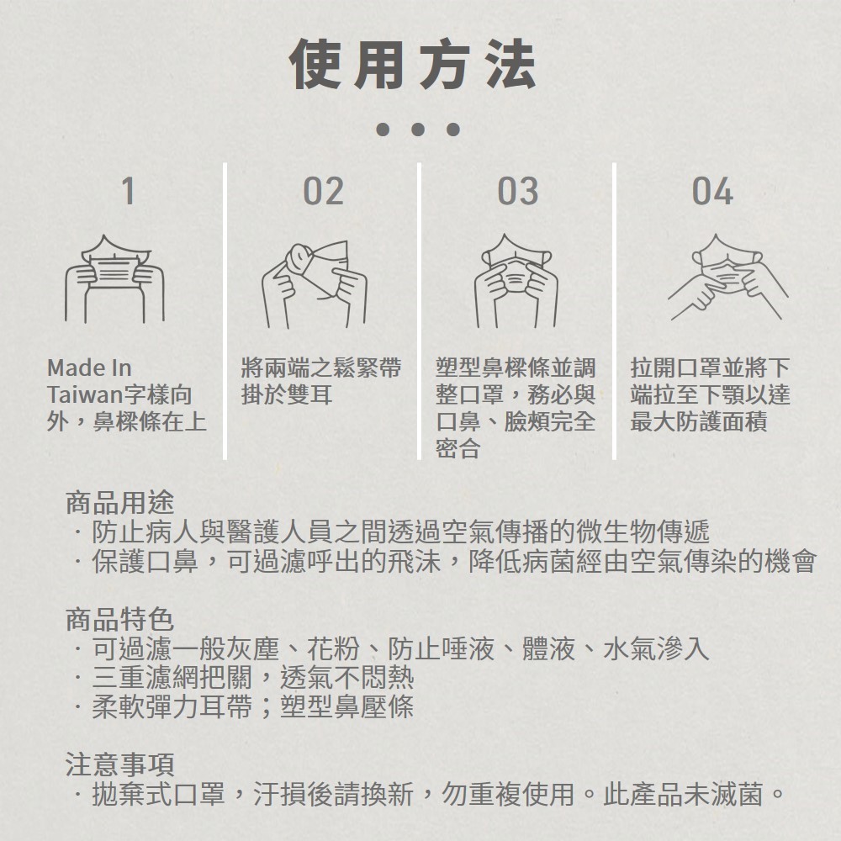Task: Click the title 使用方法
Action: point(412,65)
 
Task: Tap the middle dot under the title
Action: point(418,130)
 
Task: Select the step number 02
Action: point(323,191)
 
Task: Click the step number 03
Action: point(517,191)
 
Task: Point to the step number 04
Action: point(712,191)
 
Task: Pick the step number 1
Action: point(128,191)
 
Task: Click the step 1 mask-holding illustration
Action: point(114,279)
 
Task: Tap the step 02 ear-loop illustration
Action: point(315,284)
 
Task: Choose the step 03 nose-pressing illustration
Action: point(516,280)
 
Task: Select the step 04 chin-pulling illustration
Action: point(727,277)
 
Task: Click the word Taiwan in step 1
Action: point(85,394)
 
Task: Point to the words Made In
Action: point(89,368)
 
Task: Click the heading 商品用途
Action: point(119,503)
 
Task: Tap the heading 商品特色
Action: point(119,620)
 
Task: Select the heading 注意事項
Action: point(119,764)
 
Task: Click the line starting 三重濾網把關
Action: point(245,677)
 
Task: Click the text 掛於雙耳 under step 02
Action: point(287,394)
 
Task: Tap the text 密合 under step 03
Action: point(458,448)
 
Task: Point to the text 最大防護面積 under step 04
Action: point(699,421)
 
